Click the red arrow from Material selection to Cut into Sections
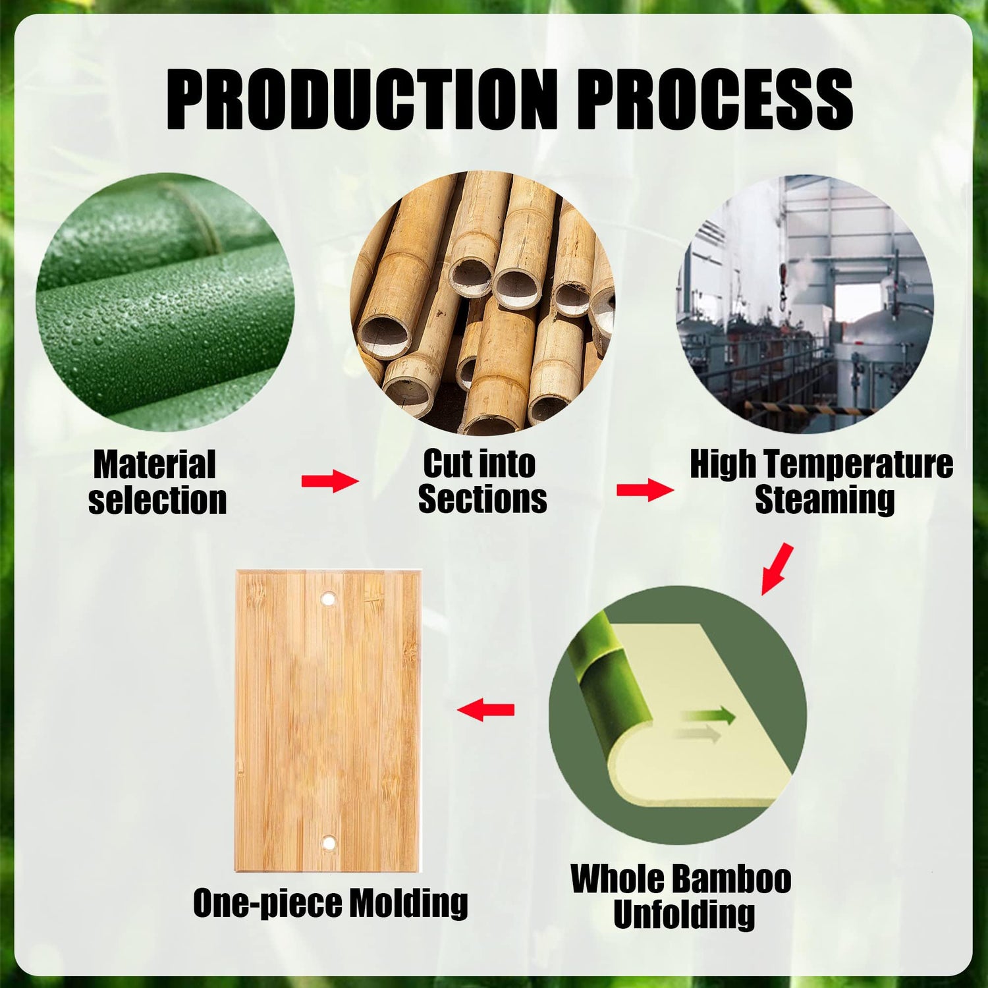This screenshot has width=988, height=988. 330,481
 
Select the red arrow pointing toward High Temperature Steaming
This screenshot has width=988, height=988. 645,490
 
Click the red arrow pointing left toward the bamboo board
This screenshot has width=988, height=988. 485,709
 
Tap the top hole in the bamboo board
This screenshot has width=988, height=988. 327,599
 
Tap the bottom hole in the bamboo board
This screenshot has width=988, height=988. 327,842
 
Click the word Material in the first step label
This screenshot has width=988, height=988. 155,465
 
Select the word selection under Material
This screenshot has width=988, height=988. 157,501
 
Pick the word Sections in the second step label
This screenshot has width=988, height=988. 482,499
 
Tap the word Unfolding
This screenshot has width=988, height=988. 684,914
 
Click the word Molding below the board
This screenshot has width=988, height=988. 408,902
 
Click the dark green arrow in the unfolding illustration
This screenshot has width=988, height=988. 709,715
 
